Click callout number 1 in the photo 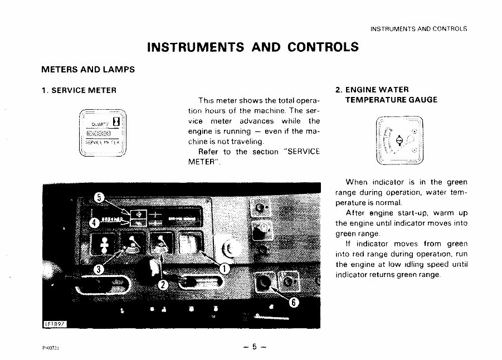[225, 269]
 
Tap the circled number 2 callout [163, 285]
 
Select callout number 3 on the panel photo [99, 269]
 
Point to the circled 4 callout [95, 223]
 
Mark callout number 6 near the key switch [294, 303]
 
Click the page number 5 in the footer [254, 347]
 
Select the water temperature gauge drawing [399, 142]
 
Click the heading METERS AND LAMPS [88, 70]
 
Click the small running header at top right [418, 28]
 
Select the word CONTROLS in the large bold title [323, 47]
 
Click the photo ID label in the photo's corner [55, 325]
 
